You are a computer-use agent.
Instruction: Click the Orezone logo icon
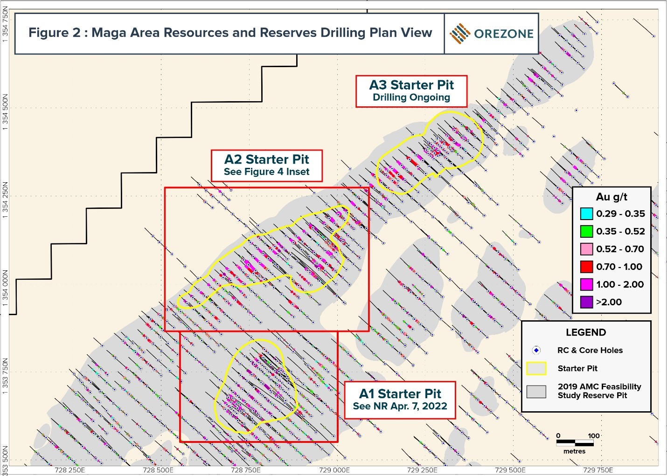(x=460, y=34)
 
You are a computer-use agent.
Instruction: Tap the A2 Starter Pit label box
(x=266, y=165)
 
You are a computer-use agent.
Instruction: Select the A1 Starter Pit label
(x=400, y=400)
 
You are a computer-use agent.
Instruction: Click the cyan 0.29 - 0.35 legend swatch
(x=586, y=214)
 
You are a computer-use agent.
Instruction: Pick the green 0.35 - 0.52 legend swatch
(x=586, y=232)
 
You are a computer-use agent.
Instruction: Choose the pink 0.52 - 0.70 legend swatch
(x=586, y=249)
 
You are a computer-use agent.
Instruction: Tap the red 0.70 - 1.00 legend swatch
(x=586, y=267)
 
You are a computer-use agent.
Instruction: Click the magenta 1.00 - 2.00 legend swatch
(x=586, y=284)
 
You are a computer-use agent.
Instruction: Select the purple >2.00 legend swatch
(x=586, y=302)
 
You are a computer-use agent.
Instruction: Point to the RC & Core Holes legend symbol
(x=536, y=350)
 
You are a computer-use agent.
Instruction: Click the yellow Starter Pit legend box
(x=536, y=368)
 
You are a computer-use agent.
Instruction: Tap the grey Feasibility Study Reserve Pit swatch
(x=536, y=391)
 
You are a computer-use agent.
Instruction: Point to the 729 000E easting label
(x=334, y=470)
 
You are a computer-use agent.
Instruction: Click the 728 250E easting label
(x=69, y=470)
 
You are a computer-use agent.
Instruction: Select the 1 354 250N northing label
(x=6, y=198)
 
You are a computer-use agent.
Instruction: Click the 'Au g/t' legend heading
(x=611, y=197)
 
